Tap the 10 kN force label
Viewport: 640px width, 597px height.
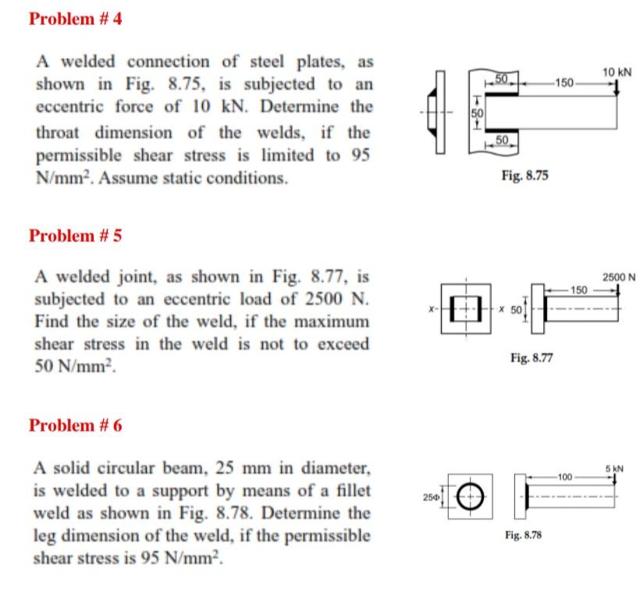point(617,72)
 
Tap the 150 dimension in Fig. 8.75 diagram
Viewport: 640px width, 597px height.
point(564,81)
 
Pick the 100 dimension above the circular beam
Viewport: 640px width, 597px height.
point(564,475)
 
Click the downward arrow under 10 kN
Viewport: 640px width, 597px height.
point(617,88)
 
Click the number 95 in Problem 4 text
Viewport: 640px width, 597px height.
point(359,155)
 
